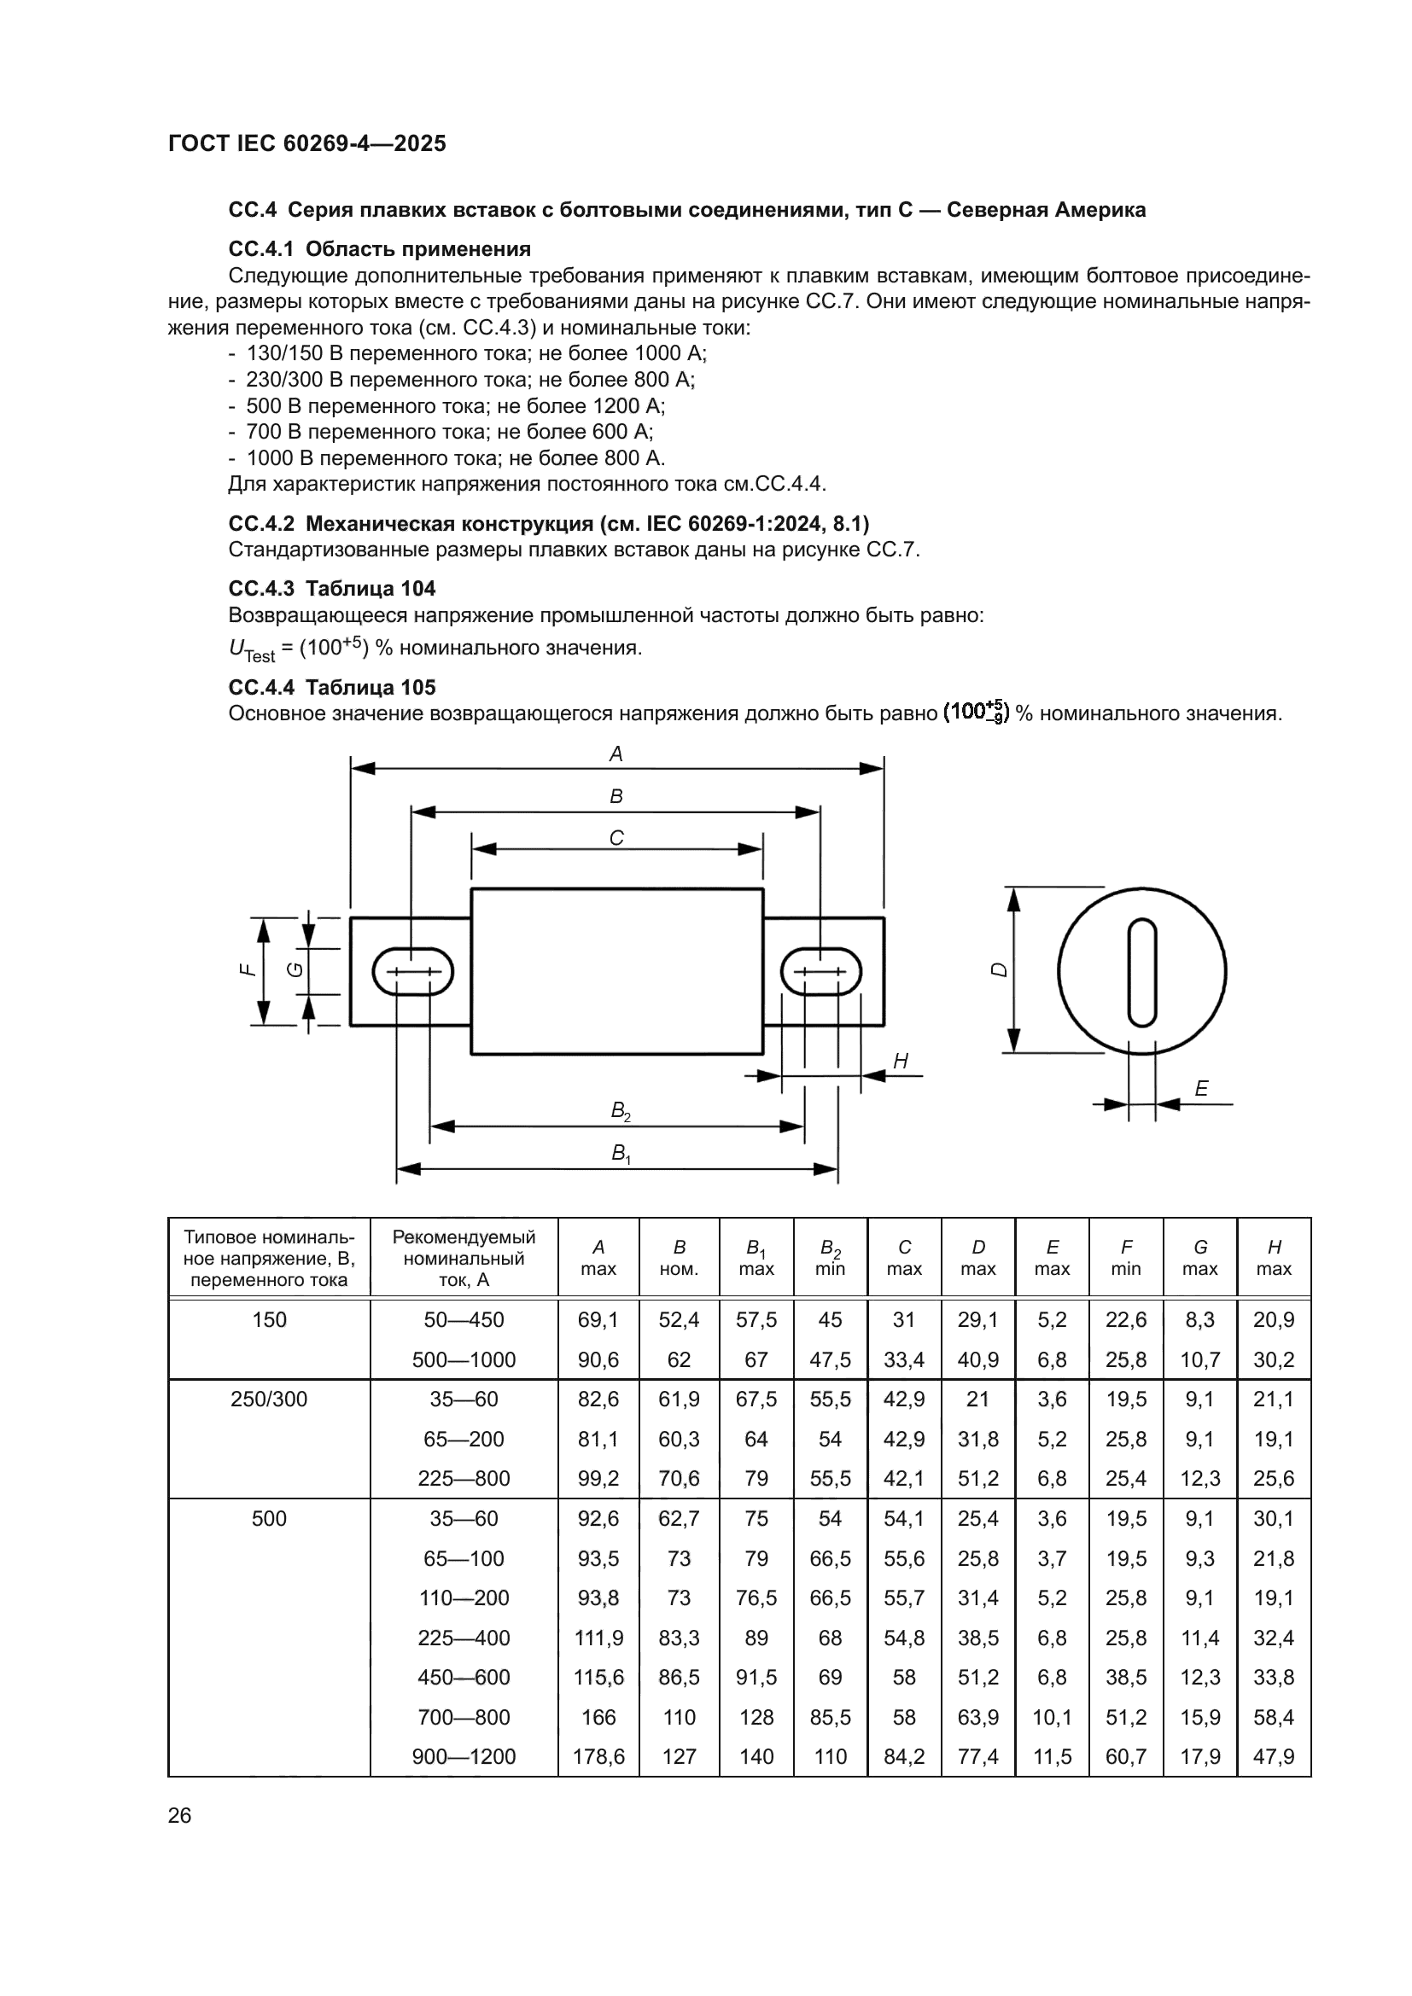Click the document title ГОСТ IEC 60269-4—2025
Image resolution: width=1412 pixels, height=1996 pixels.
[307, 143]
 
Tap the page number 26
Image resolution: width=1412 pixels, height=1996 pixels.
[179, 1815]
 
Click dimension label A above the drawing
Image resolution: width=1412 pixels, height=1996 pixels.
[616, 754]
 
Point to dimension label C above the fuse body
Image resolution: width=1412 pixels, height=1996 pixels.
[616, 838]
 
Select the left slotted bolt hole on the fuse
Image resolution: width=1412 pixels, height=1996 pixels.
[412, 971]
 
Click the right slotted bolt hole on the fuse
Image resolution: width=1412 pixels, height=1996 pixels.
[820, 971]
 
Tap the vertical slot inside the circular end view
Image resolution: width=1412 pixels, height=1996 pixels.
[1141, 972]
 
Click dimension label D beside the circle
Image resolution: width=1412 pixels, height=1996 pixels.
[1000, 969]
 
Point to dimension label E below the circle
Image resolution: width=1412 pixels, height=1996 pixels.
[1201, 1088]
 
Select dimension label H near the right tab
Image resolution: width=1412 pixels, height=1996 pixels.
[901, 1061]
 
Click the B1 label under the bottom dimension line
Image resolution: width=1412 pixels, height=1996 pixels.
[620, 1154]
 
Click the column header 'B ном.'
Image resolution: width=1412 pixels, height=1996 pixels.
[679, 1258]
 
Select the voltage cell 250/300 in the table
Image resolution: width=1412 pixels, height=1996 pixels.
[269, 1400]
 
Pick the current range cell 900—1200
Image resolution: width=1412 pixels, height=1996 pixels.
[464, 1757]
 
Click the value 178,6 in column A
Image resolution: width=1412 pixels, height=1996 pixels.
[598, 1757]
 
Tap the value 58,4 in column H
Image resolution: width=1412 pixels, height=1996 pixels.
[1274, 1717]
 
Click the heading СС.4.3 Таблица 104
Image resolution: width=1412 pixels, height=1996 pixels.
[332, 589]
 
